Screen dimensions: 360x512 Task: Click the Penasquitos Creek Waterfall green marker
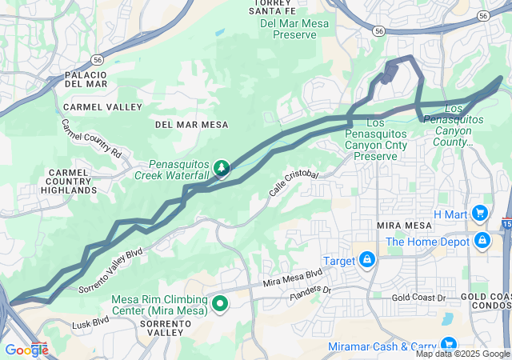click(221, 168)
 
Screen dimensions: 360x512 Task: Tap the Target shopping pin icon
click(366, 261)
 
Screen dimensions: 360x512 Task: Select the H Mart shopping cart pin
click(480, 214)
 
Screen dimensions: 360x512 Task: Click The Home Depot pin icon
click(482, 241)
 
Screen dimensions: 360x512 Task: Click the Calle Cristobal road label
click(294, 185)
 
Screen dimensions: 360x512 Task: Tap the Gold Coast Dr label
click(418, 298)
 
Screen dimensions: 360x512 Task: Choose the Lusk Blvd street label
click(90, 322)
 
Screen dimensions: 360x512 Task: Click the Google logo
click(26, 350)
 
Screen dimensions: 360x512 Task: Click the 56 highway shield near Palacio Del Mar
click(97, 60)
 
